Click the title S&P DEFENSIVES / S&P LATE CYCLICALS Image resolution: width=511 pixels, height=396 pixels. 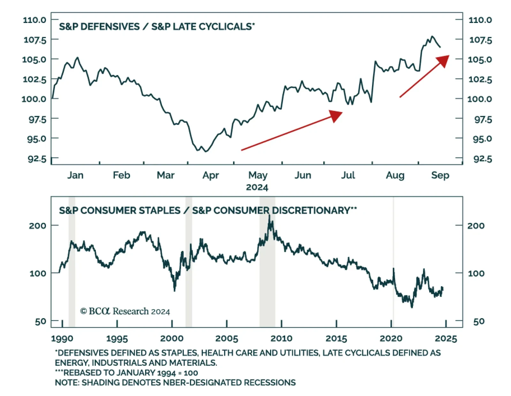pos(157,27)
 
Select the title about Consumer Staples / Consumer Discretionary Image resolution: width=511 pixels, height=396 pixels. pos(208,210)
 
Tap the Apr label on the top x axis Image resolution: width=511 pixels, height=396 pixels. pos(210,175)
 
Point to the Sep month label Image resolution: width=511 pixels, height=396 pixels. pos(440,175)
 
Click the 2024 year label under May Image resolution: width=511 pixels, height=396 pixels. pos(257,187)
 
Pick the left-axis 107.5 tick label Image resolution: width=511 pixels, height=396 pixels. pos(35,40)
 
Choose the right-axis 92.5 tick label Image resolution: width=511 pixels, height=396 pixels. pos(483,159)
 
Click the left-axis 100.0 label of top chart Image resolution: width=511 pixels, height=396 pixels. pos(34,99)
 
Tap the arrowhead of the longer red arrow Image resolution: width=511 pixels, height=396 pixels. pos(336,116)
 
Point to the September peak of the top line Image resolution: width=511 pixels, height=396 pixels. pos(432,36)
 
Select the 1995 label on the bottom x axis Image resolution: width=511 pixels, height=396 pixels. pos(117,339)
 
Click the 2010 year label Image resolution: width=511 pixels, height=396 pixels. pos(281,339)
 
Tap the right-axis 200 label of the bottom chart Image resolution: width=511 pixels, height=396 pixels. pos(476,226)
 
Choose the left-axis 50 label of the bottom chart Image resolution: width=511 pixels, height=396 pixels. pos(41,321)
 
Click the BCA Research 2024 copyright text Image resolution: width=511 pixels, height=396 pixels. pos(125,311)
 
